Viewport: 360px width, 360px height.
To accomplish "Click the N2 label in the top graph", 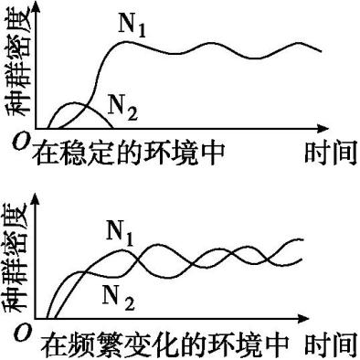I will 122,112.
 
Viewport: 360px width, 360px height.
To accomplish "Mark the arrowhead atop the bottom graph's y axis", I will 36,196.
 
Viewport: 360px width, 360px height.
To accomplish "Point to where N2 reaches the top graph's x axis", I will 111,128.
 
